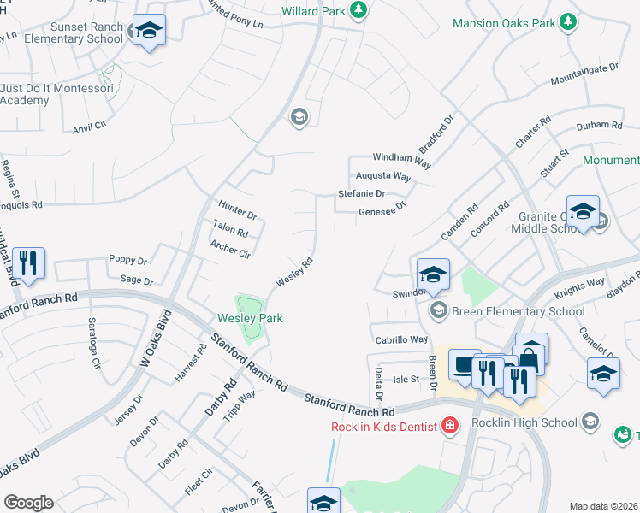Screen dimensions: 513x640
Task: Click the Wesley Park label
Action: (248, 319)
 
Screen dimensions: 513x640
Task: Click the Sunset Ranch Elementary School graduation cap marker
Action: (150, 31)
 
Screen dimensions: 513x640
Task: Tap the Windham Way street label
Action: (401, 158)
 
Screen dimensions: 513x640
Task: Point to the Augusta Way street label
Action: (383, 176)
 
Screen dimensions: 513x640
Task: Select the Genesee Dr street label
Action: (381, 211)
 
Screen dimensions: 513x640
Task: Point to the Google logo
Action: (28, 503)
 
